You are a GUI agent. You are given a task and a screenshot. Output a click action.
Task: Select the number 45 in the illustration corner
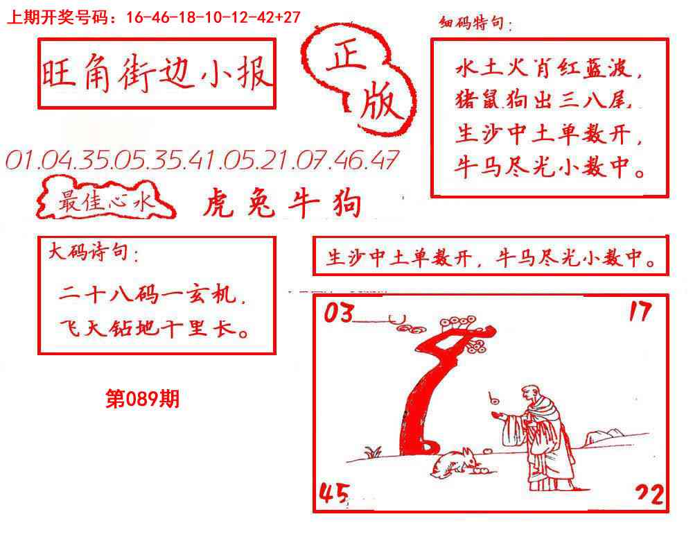point(333,494)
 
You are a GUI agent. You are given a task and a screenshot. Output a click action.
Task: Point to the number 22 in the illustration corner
point(649,495)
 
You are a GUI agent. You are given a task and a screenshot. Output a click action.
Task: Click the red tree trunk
point(423,395)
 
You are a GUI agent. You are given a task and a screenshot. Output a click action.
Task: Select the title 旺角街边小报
point(156,74)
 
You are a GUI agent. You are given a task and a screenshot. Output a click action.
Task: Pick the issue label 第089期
point(142,399)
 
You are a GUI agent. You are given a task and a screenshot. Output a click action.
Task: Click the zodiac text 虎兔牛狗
point(282,205)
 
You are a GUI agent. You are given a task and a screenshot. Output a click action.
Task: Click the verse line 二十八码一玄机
point(152,296)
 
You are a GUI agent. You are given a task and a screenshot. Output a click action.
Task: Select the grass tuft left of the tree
point(374,452)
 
